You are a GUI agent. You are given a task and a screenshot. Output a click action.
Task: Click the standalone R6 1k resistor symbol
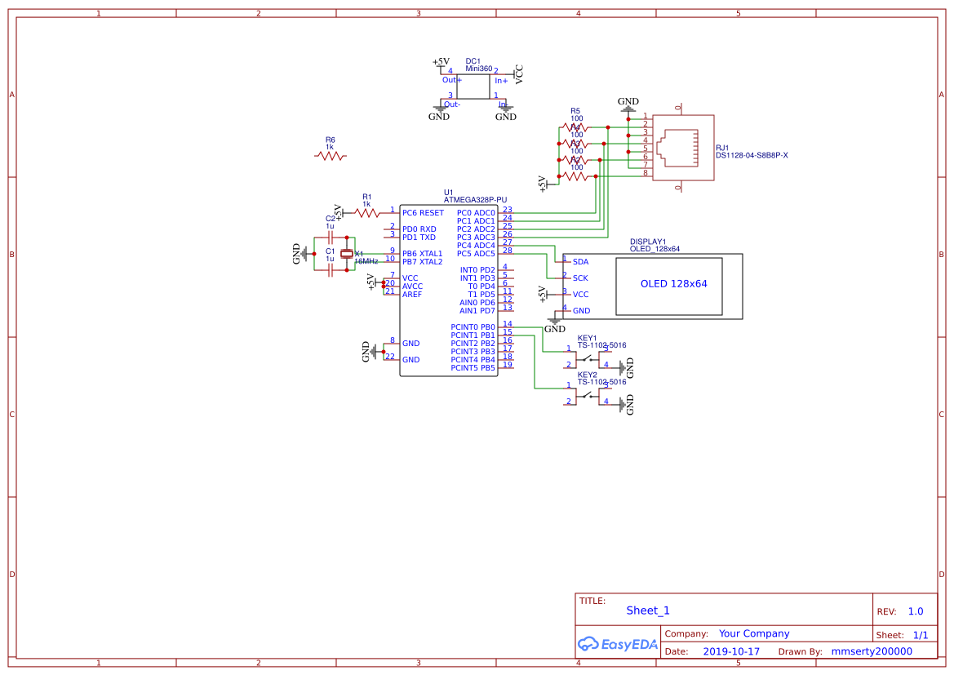[331, 156]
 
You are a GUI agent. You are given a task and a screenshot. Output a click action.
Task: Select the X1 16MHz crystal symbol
[347, 255]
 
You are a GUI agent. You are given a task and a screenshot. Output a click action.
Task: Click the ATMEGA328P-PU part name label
[475, 199]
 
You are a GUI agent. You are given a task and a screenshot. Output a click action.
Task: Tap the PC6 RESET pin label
[423, 213]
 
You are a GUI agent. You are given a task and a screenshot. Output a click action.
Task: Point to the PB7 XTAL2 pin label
[422, 262]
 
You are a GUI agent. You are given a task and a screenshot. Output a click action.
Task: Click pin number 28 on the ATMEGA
[508, 251]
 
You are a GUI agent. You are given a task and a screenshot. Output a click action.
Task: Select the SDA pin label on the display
[580, 262]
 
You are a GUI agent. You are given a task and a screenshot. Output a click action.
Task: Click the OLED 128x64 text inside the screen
[673, 284]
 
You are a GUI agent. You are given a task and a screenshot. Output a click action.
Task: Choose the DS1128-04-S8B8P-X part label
[752, 155]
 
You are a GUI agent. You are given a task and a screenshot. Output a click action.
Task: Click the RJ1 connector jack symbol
[677, 148]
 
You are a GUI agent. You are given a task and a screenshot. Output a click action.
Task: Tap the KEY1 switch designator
[587, 338]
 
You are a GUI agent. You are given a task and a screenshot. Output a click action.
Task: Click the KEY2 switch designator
[587, 375]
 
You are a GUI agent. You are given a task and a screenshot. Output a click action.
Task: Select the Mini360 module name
[479, 69]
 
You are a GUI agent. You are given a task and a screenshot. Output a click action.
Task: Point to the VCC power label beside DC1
[519, 75]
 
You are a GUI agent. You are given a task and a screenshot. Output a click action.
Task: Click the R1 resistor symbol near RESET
[367, 213]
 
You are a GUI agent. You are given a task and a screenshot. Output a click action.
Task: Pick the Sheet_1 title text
[647, 611]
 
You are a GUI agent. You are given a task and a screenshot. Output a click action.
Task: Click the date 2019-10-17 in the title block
[731, 651]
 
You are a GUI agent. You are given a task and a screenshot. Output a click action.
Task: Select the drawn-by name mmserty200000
[871, 651]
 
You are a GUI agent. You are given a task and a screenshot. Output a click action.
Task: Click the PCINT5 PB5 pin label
[473, 368]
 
